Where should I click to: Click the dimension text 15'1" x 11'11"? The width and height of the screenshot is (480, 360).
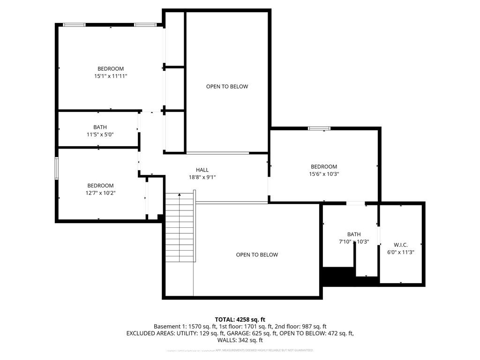111,76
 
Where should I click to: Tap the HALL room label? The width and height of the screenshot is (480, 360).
202,170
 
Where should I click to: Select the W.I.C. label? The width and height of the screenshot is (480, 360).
401,245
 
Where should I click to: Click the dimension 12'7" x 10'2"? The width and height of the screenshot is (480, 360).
100,193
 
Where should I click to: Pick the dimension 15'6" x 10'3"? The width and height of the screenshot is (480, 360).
324,174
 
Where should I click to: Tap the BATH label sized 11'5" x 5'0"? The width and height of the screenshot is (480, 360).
100,127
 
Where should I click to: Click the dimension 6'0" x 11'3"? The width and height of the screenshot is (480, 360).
401,252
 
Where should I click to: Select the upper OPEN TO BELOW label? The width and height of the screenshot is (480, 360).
227,86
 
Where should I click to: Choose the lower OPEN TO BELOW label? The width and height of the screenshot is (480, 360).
257,255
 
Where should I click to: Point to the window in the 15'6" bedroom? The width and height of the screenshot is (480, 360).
319,128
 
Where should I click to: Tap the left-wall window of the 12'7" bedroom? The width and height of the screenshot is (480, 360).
57,168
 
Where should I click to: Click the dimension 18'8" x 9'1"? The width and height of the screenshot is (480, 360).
202,177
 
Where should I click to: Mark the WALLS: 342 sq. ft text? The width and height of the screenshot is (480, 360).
240,340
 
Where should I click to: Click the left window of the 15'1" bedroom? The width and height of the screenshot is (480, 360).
75,25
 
